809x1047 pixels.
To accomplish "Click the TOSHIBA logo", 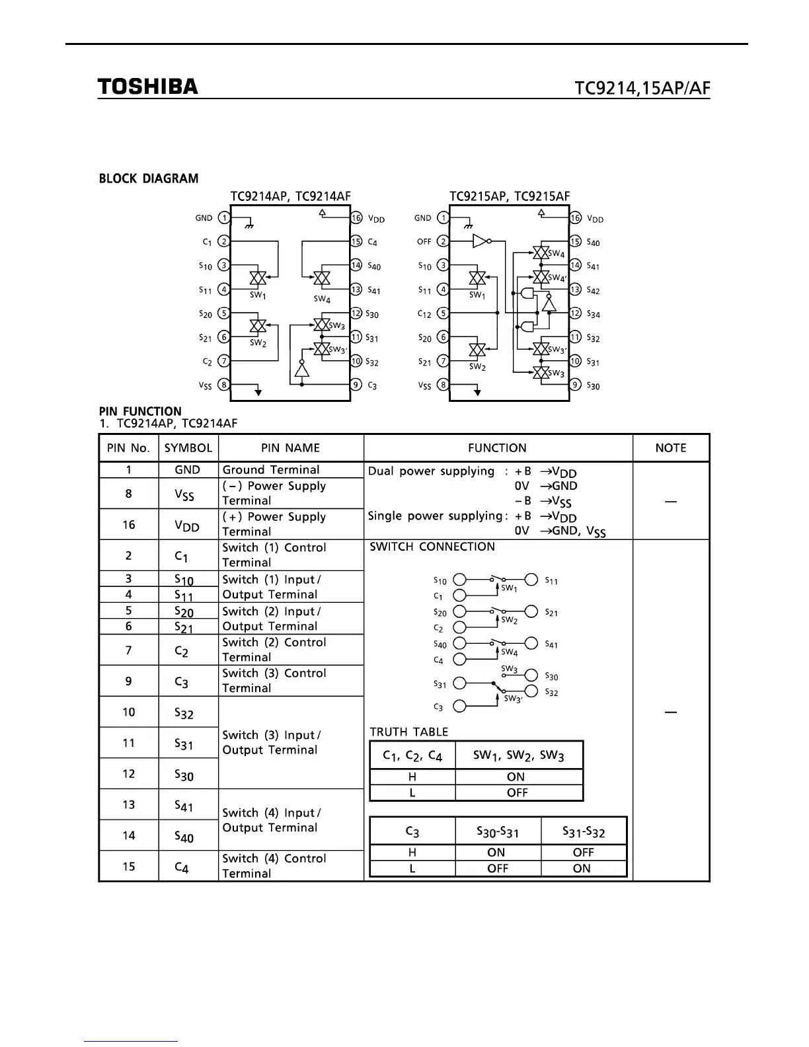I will tap(147, 87).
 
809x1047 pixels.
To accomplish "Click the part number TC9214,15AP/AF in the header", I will tap(642, 88).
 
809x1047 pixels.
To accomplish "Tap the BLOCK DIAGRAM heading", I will tap(149, 178).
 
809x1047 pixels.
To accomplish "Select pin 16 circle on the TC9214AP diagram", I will tap(356, 218).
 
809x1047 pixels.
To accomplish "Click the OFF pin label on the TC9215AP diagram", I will tap(424, 242).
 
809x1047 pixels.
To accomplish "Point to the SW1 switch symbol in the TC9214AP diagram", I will tap(258, 278).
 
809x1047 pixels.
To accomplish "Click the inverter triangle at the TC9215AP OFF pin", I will tap(481, 242).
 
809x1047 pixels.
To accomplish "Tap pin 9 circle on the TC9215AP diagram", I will tap(575, 385).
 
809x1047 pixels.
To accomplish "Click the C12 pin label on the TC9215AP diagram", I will tap(424, 314).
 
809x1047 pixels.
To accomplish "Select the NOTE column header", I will tap(670, 448).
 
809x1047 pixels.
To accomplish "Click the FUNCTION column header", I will tap(497, 448).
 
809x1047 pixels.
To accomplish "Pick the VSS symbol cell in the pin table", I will tap(188, 494).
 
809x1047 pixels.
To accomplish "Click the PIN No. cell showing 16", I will tap(128, 525).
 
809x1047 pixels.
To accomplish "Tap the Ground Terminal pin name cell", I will tap(271, 470).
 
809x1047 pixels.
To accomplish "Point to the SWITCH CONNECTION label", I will tap(432, 547).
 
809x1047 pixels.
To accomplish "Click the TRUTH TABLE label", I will tap(408, 732).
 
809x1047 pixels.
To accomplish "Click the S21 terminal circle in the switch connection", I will tap(531, 611).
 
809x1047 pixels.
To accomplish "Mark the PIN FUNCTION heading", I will tap(140, 411).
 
